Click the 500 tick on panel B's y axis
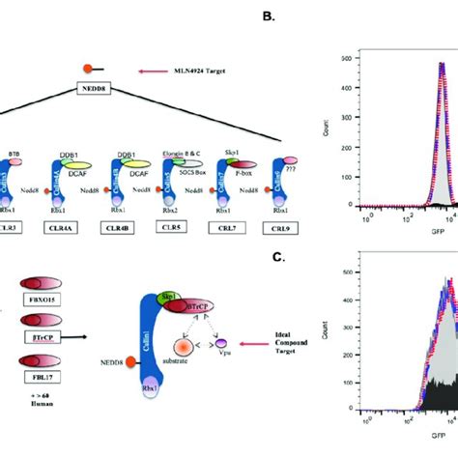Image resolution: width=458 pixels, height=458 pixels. pos(358,59)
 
